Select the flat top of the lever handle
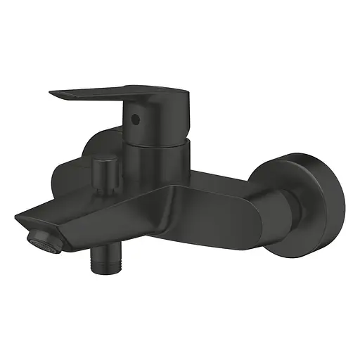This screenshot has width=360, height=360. pos(105,91)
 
